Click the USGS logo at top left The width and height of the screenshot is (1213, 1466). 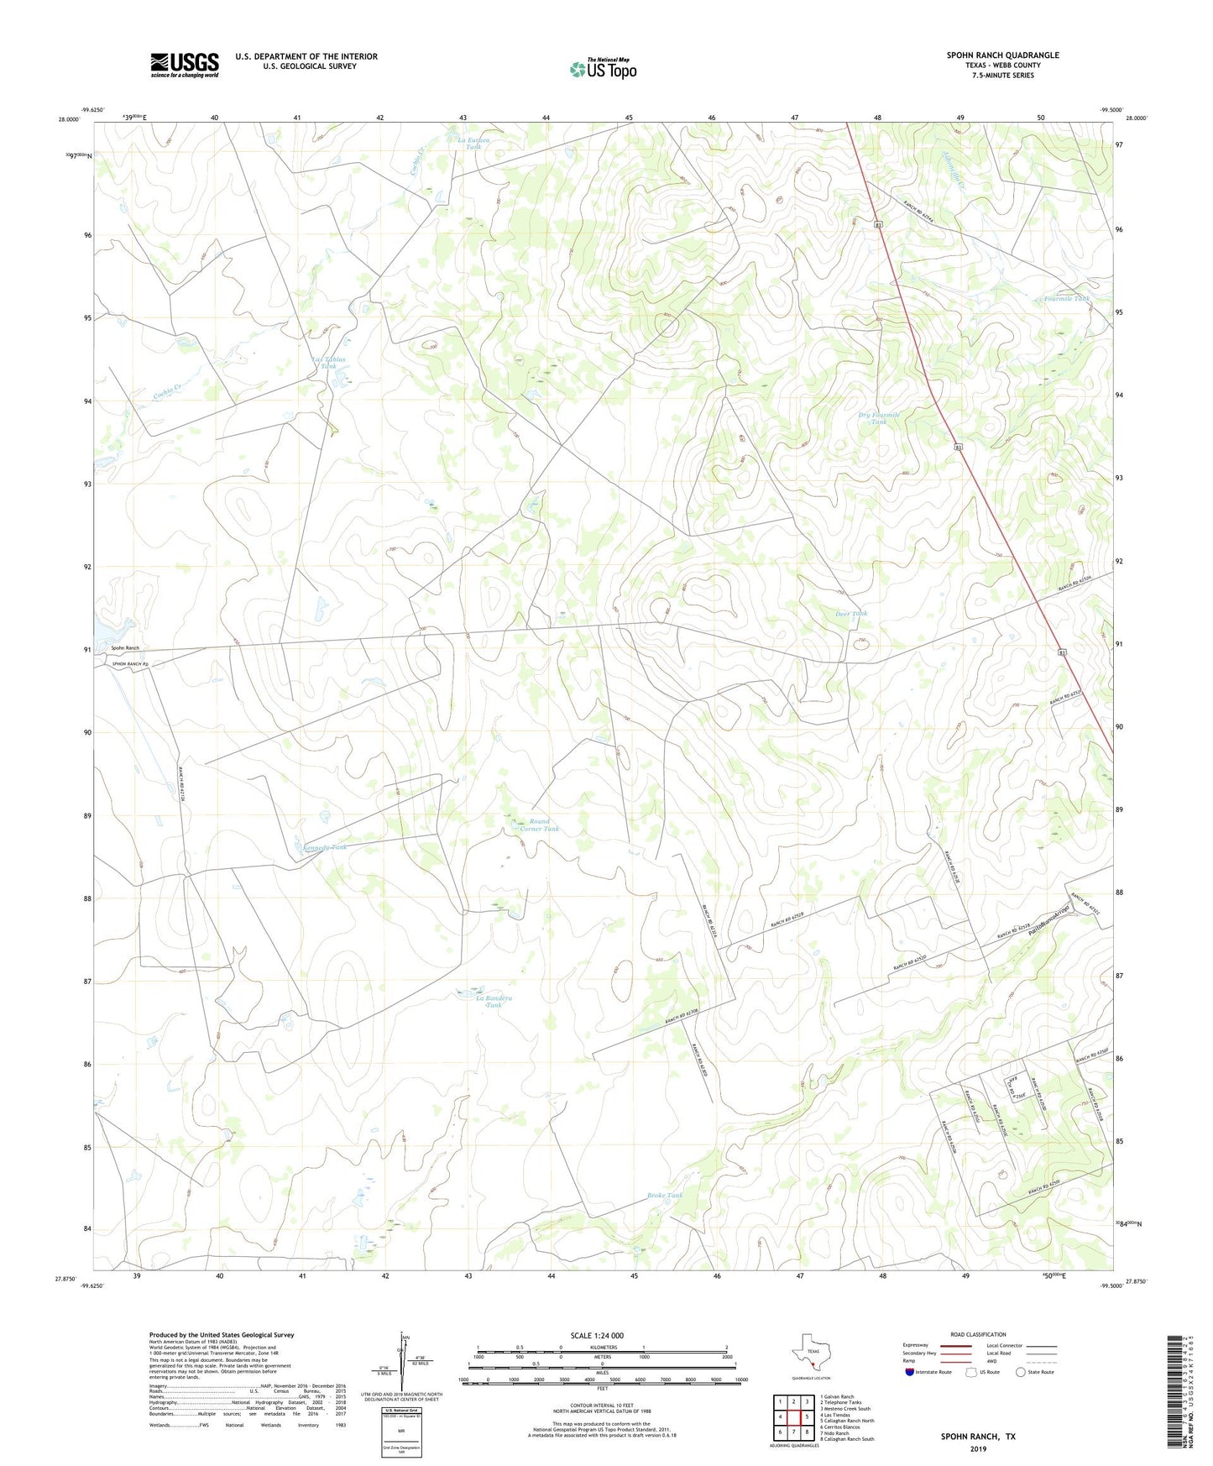[x=185, y=64]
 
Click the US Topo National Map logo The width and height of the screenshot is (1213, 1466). [x=602, y=68]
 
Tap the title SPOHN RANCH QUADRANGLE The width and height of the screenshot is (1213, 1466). [x=1002, y=55]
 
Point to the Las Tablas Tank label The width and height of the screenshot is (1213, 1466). [x=328, y=363]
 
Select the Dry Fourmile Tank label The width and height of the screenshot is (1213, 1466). [x=878, y=418]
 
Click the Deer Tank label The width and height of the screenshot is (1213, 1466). [x=851, y=614]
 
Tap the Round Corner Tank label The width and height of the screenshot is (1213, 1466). [x=539, y=825]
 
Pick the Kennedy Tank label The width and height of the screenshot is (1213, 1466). [x=324, y=847]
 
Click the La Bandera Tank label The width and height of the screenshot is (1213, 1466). [x=494, y=1001]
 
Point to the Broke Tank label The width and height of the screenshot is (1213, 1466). [x=665, y=1195]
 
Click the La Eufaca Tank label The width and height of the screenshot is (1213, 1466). [x=473, y=143]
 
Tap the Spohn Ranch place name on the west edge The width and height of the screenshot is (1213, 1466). [x=125, y=648]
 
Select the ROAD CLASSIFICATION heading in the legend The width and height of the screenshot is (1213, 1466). [x=978, y=1334]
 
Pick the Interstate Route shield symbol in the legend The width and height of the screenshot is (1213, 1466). [x=910, y=1372]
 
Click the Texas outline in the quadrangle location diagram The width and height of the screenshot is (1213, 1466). [x=809, y=1355]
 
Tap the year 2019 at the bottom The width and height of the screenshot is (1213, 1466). [x=978, y=1448]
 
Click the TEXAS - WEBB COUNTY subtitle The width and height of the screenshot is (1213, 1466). [x=1002, y=65]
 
